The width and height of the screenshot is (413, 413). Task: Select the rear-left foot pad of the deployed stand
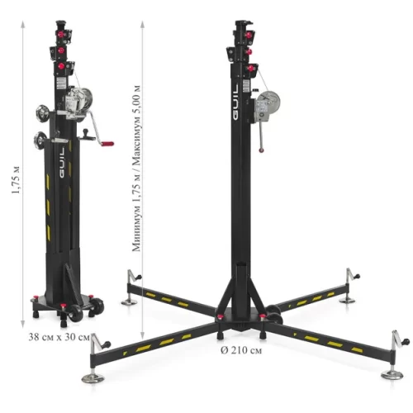pos(130,301)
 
